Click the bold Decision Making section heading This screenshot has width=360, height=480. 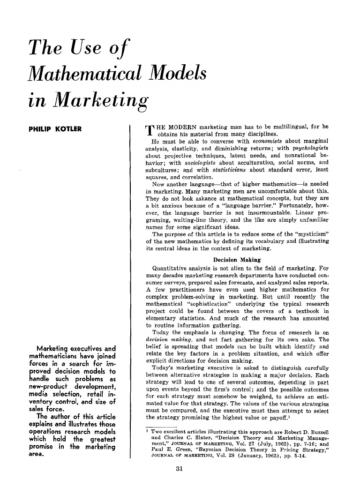tap(237, 259)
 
